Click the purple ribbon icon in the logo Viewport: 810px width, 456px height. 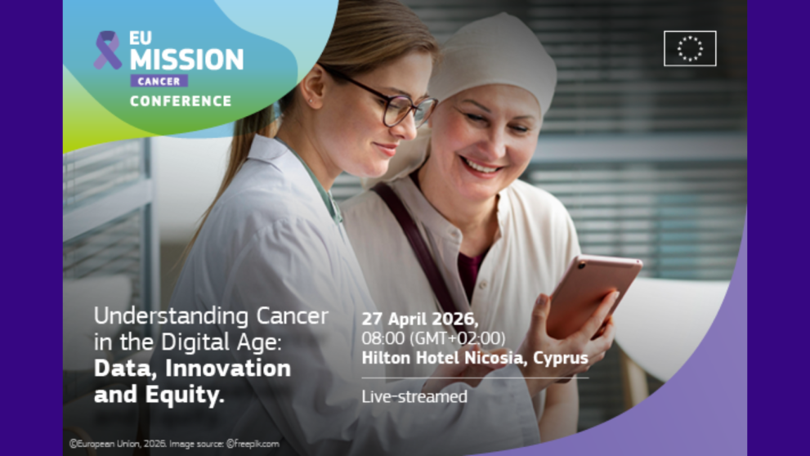coord(107,50)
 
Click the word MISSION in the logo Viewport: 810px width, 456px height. coord(186,59)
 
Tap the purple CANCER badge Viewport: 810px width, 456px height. coord(159,82)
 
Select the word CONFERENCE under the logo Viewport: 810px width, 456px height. coord(181,101)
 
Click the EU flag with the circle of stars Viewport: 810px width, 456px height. coord(690,48)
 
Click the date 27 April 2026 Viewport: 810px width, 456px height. coord(420,320)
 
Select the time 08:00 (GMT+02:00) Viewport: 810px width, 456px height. coord(433,338)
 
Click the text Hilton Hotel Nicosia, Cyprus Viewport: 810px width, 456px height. coord(475,358)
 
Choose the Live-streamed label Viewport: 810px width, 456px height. coord(414,397)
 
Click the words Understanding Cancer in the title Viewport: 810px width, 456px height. coord(211,316)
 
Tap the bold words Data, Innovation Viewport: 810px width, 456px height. coord(192,368)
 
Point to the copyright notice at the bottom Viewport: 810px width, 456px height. coord(174,444)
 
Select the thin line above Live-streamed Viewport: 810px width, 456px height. coord(474,378)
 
